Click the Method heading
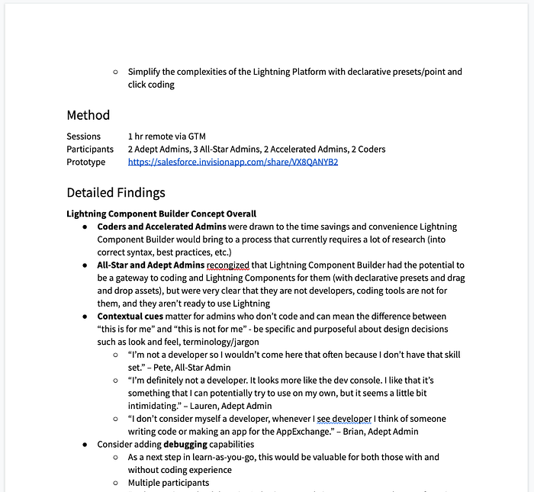click(88, 115)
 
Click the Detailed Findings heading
click(115, 192)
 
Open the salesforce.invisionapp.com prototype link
click(233, 162)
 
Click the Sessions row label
click(83, 137)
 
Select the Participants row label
click(90, 150)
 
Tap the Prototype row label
click(87, 162)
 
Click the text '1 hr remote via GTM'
click(167, 137)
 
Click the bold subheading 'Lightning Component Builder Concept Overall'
click(161, 214)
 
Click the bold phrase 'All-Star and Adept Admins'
click(150, 265)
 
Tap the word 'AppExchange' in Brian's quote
click(323, 432)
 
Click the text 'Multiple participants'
click(169, 483)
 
